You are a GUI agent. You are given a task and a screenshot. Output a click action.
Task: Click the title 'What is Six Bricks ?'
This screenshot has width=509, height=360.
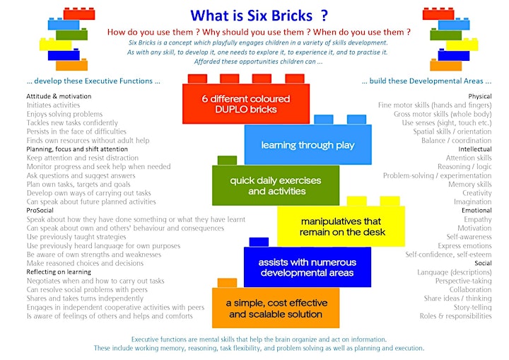click(x=259, y=16)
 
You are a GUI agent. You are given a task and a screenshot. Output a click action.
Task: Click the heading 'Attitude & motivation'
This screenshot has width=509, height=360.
click(x=59, y=96)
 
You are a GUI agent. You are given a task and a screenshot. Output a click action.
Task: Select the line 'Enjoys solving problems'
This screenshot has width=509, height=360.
click(x=64, y=114)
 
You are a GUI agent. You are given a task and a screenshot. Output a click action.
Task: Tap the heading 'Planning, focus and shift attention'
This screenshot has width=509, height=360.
click(x=77, y=149)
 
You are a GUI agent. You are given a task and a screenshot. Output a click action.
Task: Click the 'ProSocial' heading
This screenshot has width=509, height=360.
click(x=40, y=210)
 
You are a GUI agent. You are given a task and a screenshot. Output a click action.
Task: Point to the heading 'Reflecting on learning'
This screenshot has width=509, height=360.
click(x=59, y=272)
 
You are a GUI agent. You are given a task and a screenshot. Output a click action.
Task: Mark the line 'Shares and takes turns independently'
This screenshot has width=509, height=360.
click(x=85, y=298)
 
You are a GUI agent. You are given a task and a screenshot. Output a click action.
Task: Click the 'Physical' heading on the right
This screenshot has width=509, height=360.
click(x=480, y=96)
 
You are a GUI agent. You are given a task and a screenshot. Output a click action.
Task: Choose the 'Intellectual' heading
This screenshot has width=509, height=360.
click(x=475, y=149)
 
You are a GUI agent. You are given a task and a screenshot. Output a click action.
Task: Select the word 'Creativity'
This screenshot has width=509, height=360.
click(x=477, y=193)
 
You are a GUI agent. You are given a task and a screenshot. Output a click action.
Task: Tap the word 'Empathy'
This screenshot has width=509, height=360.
click(x=477, y=219)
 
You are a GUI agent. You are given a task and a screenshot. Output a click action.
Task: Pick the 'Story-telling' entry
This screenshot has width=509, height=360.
click(x=473, y=307)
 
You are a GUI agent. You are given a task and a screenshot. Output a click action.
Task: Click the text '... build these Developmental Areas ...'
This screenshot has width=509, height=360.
click(x=426, y=81)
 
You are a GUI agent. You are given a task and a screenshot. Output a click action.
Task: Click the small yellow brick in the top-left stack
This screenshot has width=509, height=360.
click(x=56, y=44)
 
